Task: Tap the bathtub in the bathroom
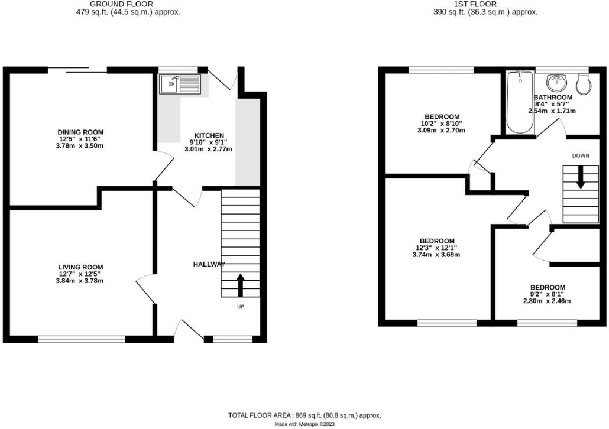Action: pos(520,103)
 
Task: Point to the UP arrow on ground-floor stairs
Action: pos(240,284)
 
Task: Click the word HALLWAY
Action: pos(209,264)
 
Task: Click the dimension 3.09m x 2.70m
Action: pos(442,130)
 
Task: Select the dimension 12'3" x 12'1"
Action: pos(437,248)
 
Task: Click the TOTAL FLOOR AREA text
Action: pos(308,416)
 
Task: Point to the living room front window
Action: pos(82,339)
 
